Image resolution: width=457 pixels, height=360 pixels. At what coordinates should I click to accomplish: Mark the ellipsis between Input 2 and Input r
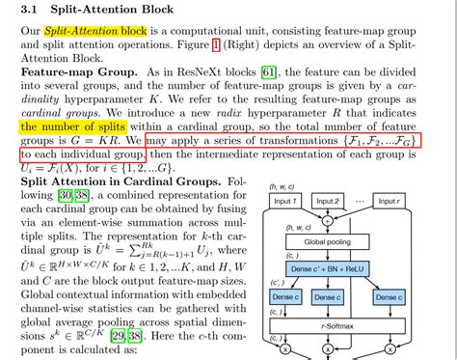pyautogui.click(x=371, y=202)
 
